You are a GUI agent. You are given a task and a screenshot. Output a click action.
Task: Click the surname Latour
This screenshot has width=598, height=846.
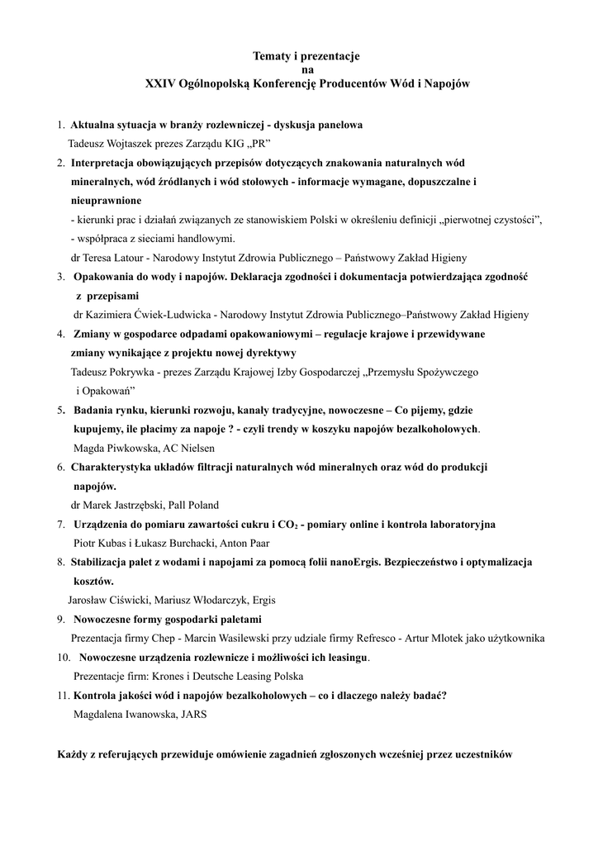tap(137, 257)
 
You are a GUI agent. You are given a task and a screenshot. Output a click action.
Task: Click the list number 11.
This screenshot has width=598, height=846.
tap(63, 695)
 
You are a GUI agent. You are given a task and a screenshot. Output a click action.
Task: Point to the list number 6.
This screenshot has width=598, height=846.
tap(61, 467)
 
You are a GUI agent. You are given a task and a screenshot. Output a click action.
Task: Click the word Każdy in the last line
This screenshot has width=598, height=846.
tap(73, 753)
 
